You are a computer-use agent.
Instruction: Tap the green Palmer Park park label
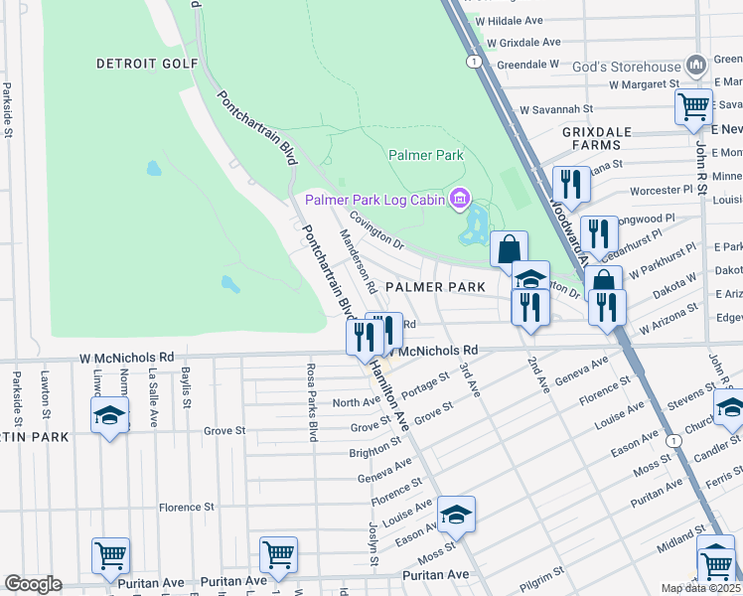point(426,156)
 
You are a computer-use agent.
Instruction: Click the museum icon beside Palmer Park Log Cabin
point(459,200)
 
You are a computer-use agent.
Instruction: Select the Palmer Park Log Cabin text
point(375,200)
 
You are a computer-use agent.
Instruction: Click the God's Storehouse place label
point(628,68)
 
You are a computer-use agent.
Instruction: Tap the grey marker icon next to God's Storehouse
point(696,66)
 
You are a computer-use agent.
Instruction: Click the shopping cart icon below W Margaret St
point(693,105)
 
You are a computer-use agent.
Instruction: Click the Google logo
point(32,584)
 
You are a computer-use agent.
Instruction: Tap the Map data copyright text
point(701,588)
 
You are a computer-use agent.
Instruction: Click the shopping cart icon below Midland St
point(715,563)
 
